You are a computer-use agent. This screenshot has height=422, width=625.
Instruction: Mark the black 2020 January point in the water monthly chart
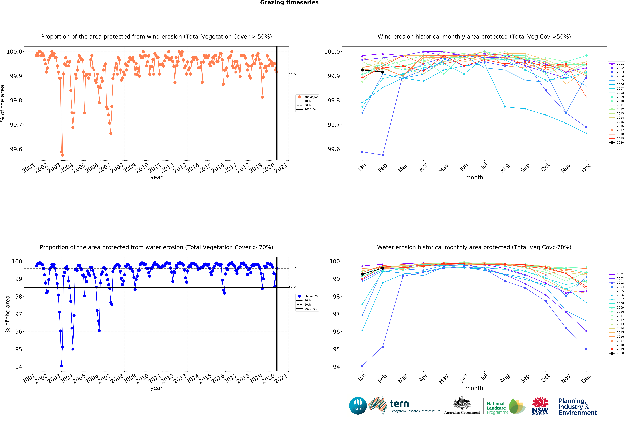click(362, 274)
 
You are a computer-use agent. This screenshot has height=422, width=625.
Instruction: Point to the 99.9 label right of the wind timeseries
click(292, 75)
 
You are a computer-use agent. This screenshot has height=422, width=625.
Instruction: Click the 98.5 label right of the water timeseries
click(292, 286)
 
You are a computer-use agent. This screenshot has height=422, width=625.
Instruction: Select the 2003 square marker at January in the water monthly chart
click(362, 366)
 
